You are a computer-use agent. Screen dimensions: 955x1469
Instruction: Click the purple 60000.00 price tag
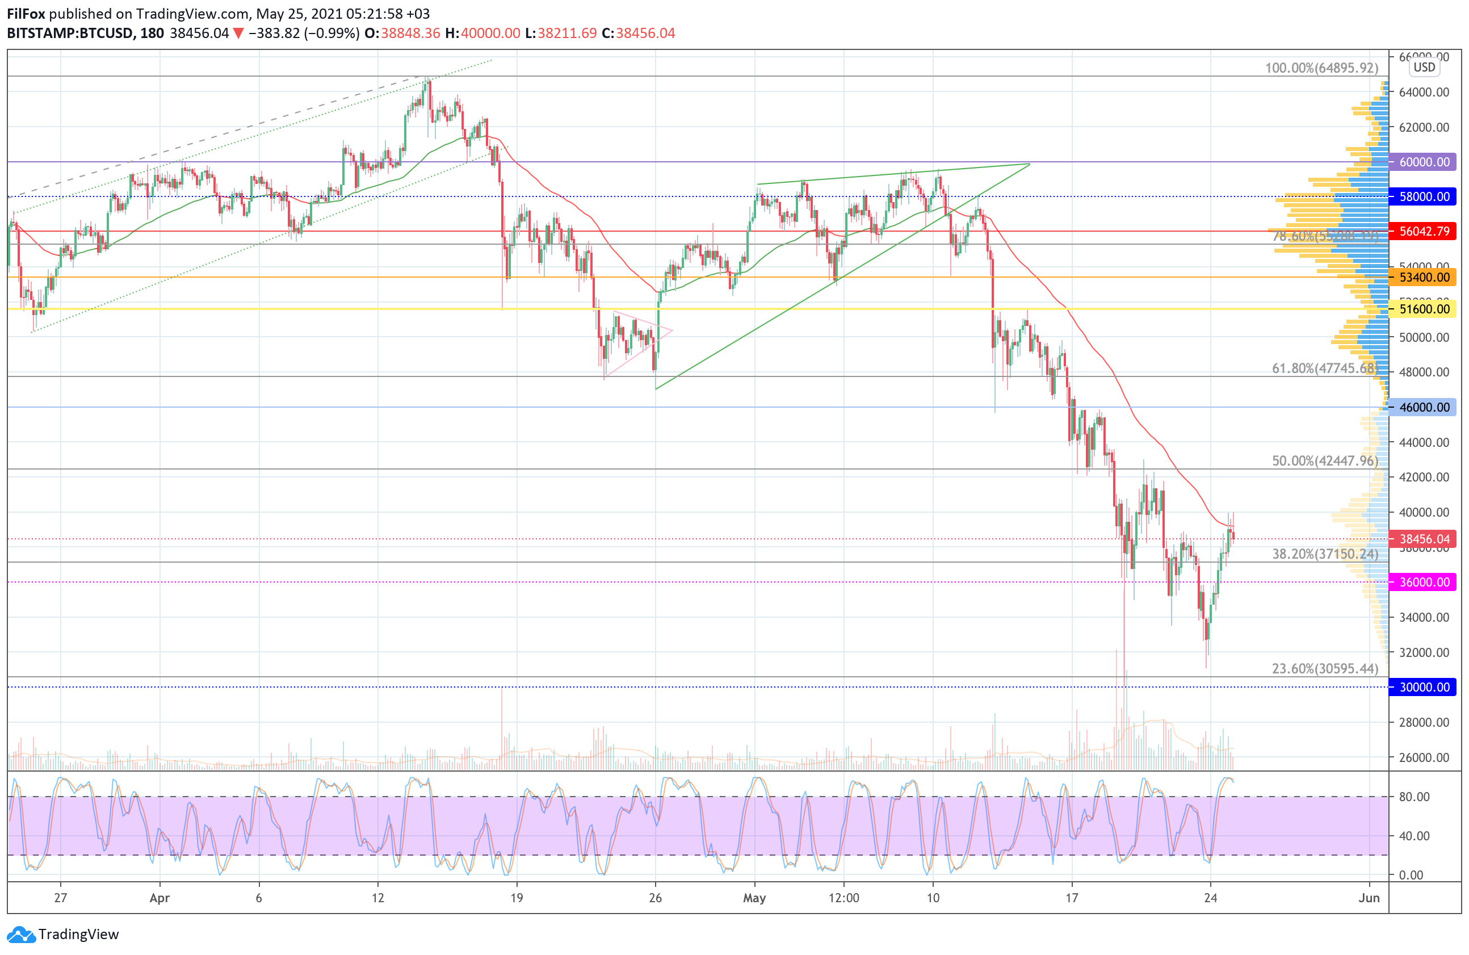1424,162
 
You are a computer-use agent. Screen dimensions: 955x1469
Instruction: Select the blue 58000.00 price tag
1424,196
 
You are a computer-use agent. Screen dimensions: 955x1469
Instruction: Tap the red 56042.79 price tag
1424,232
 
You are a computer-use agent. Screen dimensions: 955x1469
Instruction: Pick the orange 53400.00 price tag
1424,277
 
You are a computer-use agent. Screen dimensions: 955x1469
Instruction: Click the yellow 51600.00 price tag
1424,309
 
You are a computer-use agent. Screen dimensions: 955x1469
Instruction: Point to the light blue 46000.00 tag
1424,407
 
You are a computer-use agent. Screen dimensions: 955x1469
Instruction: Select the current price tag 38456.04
1424,539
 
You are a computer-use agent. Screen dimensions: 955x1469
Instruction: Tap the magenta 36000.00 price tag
1424,582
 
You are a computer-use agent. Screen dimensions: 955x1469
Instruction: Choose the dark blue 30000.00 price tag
1424,687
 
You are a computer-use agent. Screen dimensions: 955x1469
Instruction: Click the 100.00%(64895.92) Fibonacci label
1321,68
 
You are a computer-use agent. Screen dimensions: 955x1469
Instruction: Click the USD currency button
1425,68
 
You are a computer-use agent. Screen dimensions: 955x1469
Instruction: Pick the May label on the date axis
754,898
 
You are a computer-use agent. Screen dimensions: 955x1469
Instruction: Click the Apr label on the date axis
160,898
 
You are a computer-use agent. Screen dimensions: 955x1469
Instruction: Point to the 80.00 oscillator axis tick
1414,797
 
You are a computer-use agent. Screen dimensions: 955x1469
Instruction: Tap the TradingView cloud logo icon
22,935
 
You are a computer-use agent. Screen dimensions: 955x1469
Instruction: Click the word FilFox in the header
26,14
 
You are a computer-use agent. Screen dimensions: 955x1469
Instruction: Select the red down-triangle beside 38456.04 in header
238,33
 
